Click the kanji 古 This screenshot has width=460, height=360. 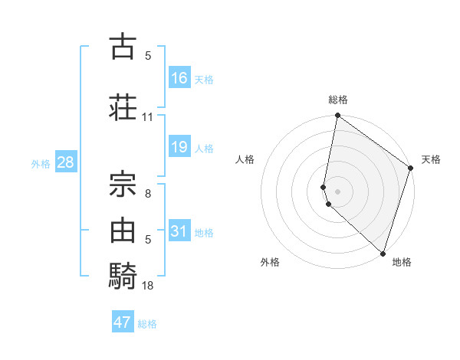123,47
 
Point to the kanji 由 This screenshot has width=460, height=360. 123,229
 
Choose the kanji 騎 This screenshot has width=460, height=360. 123,275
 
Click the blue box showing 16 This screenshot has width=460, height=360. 179,78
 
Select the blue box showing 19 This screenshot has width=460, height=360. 179,147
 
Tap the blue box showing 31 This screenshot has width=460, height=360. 179,231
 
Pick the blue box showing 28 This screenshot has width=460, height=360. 66,162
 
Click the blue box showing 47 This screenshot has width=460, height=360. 123,322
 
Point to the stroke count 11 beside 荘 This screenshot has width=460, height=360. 148,117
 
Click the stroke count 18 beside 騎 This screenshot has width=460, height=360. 148,286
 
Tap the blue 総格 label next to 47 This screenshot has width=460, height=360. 147,324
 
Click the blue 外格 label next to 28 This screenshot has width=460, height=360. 41,164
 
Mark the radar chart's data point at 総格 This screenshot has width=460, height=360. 337,116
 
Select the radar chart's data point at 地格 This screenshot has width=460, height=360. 383,252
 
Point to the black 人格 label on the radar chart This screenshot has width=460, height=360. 245,159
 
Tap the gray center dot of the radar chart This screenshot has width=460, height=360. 337,191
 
